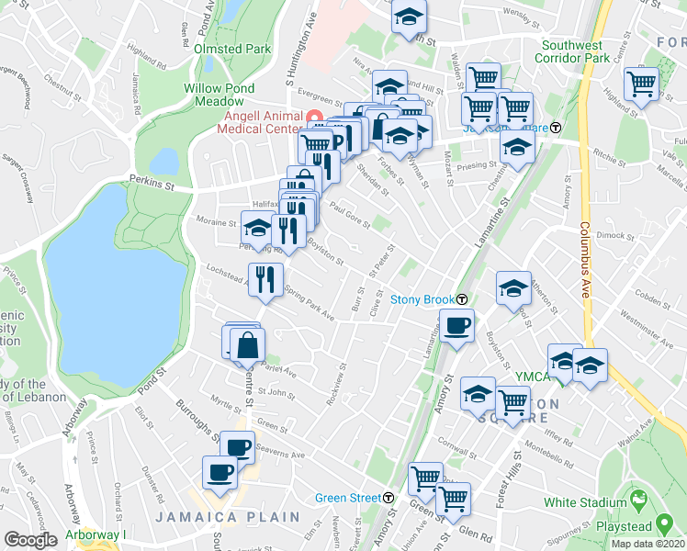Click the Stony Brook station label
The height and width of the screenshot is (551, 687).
422,299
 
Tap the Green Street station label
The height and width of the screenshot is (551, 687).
348,498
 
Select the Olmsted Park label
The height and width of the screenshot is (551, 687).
231,49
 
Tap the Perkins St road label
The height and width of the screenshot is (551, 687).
152,184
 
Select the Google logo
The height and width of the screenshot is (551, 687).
31,539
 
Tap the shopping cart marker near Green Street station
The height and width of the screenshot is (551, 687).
425,478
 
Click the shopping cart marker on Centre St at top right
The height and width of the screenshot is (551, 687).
642,84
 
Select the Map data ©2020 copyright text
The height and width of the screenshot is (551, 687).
648,543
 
